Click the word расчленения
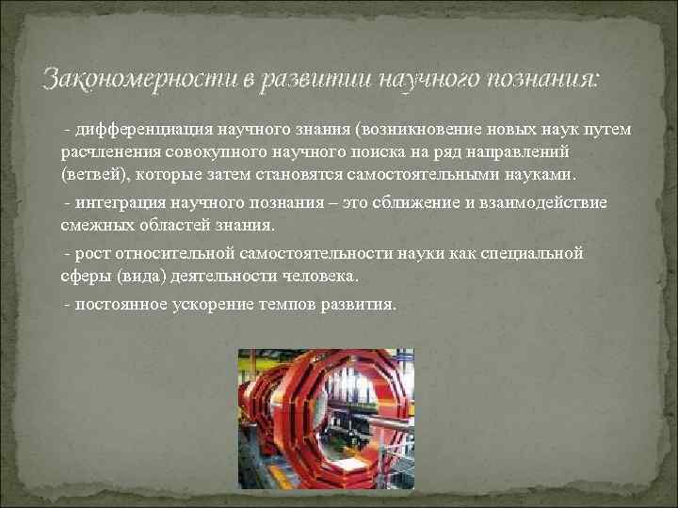coord(104,151)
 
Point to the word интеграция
coord(118,202)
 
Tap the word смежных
coord(92,226)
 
